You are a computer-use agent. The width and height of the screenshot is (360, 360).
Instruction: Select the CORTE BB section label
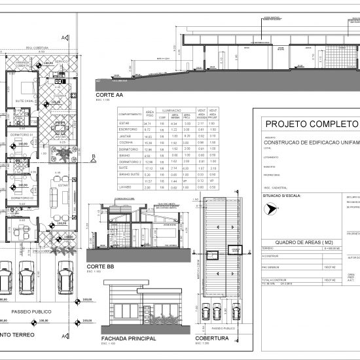[x=99, y=267]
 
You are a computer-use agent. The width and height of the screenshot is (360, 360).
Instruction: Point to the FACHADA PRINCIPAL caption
[x=129, y=339]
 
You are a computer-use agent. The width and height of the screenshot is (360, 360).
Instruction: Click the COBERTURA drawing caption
[x=211, y=339]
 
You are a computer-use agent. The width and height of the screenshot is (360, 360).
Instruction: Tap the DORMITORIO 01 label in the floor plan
[x=22, y=135]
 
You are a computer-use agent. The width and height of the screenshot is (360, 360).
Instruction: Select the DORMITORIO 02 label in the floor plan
[x=22, y=197]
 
